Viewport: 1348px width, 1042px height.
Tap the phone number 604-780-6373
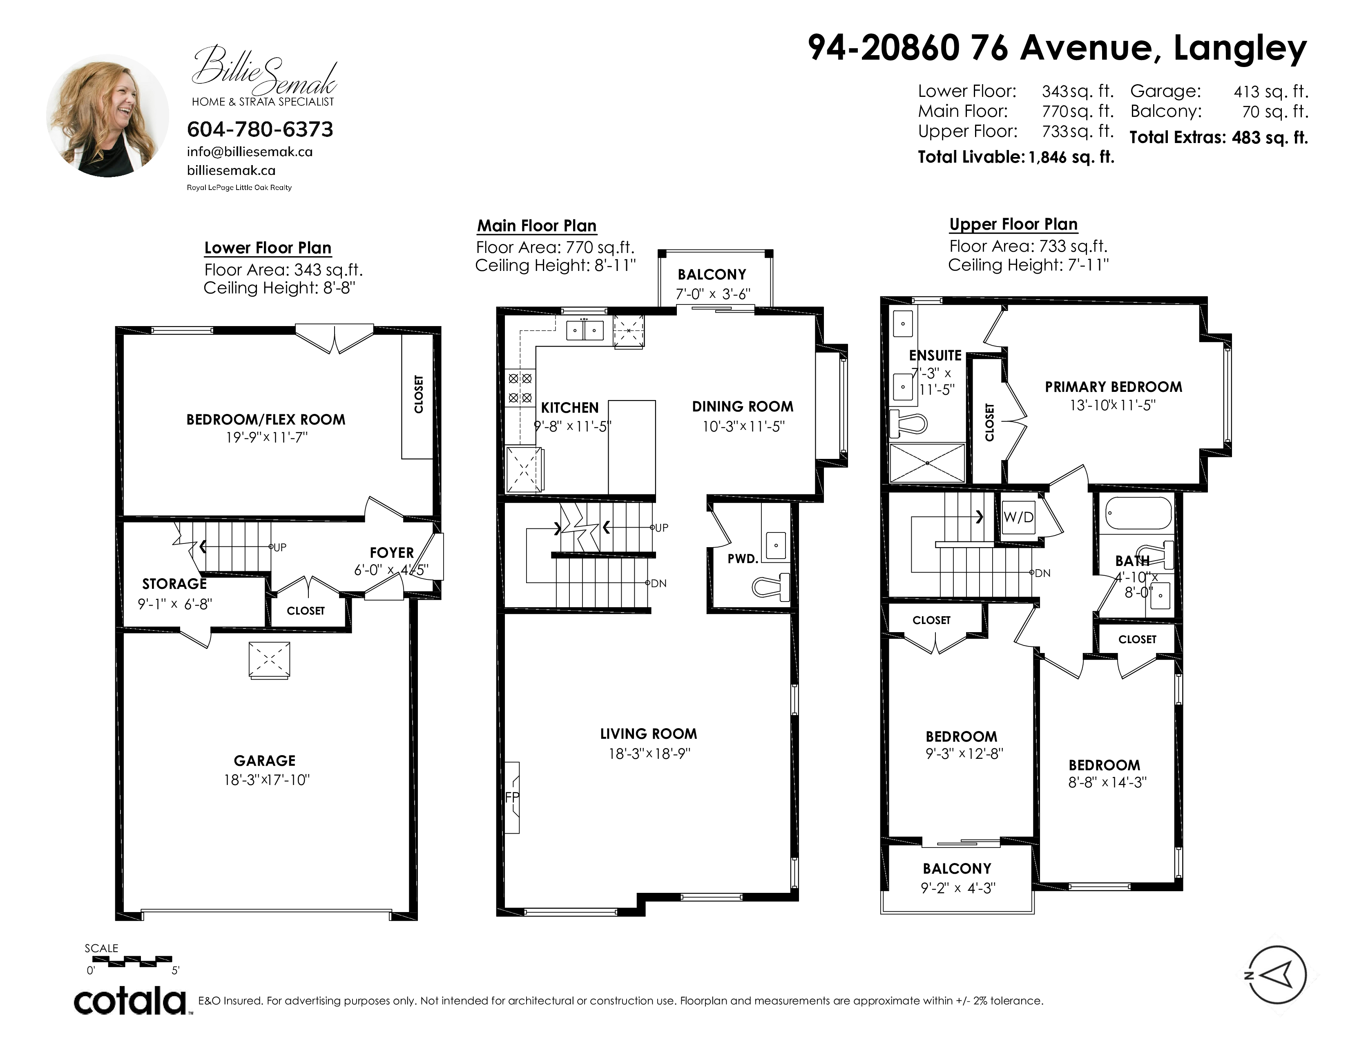pos(260,129)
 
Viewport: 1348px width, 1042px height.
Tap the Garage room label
pos(265,760)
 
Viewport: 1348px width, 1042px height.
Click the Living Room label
pos(649,734)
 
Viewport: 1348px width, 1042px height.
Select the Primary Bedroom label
pos(1114,387)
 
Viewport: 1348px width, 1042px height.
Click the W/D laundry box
pos(1018,517)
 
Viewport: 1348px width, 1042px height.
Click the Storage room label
pos(175,584)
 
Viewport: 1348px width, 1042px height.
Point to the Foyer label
pos(392,553)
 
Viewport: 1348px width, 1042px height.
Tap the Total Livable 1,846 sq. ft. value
pos(1071,157)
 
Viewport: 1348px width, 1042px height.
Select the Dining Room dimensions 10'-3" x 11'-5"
pos(743,427)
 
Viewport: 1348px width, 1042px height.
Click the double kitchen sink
pos(585,330)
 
